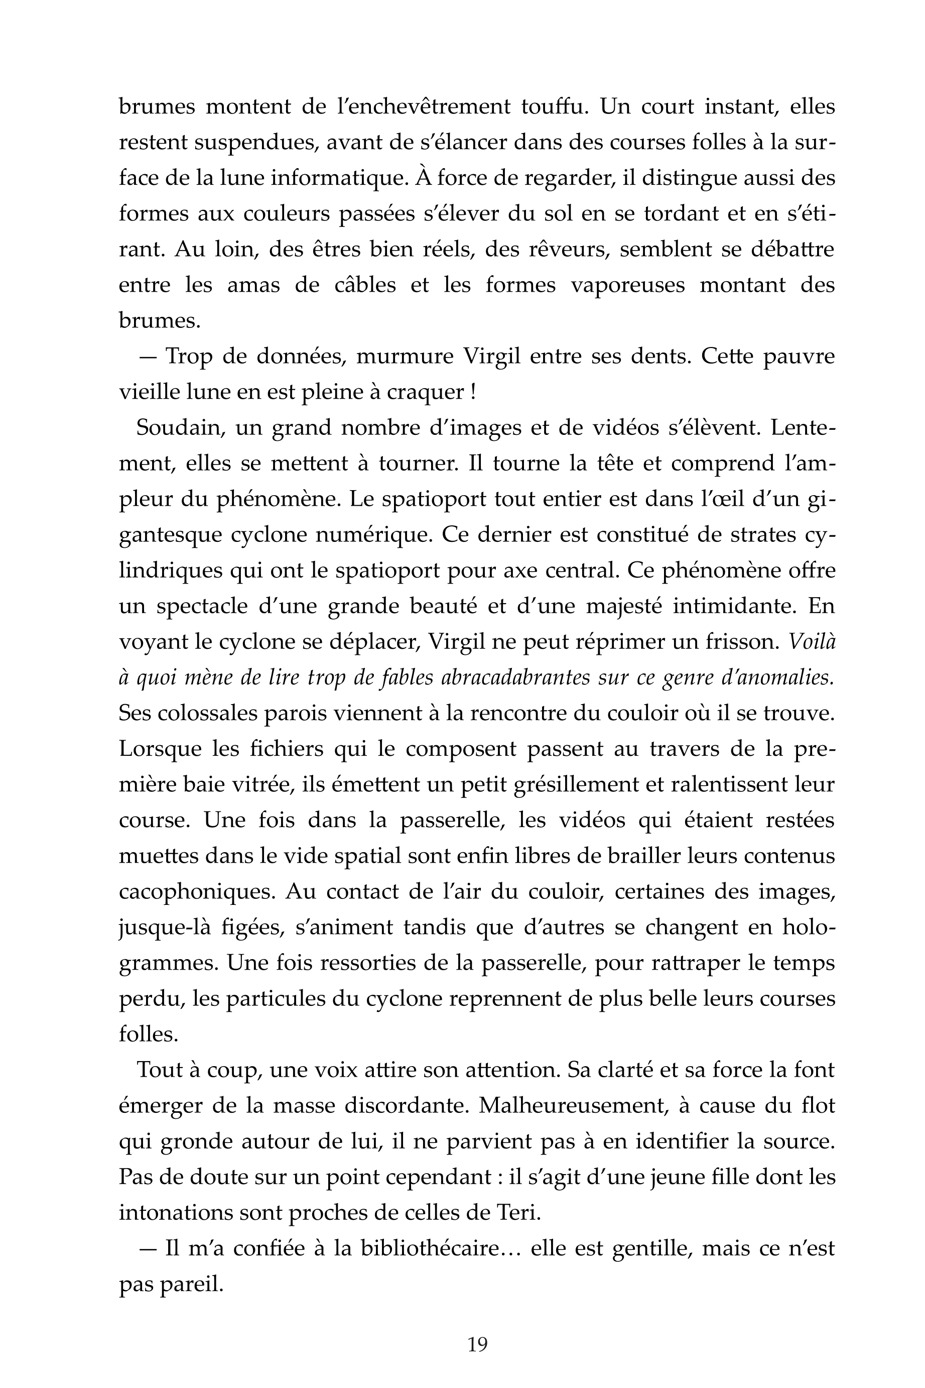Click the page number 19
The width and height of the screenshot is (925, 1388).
click(477, 1344)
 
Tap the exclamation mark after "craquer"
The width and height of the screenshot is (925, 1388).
click(474, 392)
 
